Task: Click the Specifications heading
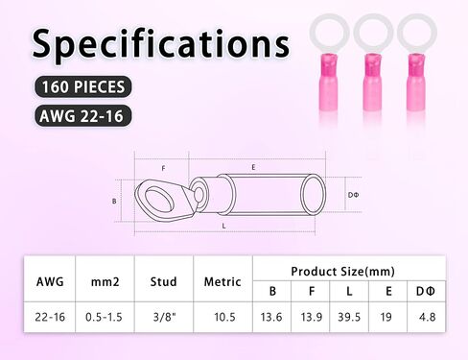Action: pos(159,44)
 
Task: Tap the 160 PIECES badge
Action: pos(82,88)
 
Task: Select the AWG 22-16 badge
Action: pos(82,116)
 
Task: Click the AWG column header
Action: pos(50,282)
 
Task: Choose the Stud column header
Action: pos(164,282)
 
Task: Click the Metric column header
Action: pos(222,282)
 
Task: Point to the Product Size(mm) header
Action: pos(342,272)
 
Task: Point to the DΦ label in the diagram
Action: pos(353,195)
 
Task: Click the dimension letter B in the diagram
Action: pos(114,201)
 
